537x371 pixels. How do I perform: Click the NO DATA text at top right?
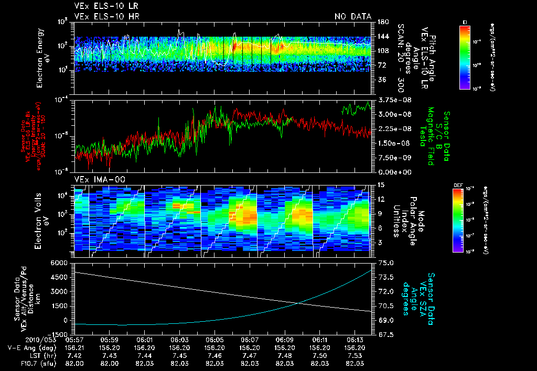(x=353, y=17)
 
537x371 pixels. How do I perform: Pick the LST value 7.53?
(x=355, y=355)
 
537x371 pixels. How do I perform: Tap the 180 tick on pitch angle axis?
(x=382, y=21)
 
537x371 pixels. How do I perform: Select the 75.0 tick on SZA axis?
(x=386, y=263)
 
